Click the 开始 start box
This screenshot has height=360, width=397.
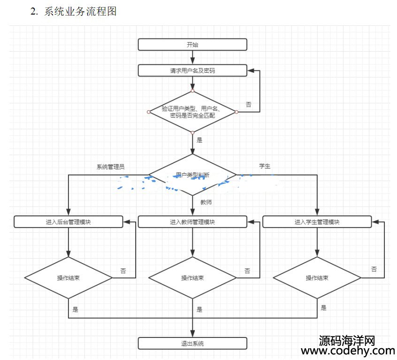(x=192, y=45)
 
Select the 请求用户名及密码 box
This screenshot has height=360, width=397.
(x=192, y=71)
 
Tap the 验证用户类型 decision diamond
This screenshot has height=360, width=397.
(x=192, y=112)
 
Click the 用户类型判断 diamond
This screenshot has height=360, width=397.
(x=192, y=175)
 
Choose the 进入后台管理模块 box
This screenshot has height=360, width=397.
(x=69, y=222)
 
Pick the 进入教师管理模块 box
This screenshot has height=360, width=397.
(x=192, y=222)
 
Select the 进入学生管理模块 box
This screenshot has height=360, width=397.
(x=317, y=222)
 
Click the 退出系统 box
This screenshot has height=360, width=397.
(x=192, y=343)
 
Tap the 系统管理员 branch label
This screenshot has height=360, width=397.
(x=110, y=167)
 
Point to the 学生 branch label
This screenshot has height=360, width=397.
(x=265, y=166)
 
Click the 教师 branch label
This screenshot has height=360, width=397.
(x=206, y=202)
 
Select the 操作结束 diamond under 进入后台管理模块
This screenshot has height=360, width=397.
(x=69, y=278)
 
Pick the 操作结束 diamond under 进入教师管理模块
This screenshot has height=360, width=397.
(x=192, y=278)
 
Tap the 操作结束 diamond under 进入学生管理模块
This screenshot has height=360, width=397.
(x=317, y=278)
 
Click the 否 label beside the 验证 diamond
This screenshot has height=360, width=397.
(x=248, y=104)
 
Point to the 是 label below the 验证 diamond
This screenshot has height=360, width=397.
(x=199, y=140)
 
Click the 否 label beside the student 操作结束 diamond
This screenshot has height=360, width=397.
(x=374, y=269)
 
